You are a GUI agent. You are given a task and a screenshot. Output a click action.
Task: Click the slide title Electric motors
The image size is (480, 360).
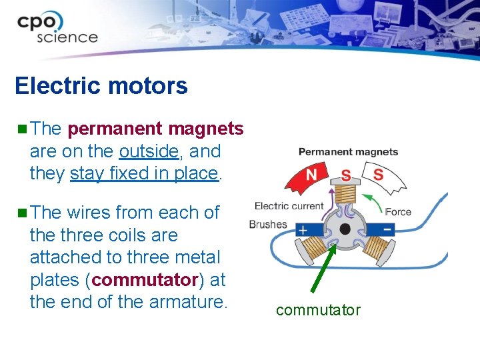pos(101,86)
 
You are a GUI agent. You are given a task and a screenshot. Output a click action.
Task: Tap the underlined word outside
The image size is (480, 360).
pos(149,151)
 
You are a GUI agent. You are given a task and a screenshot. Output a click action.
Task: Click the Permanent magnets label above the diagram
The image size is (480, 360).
pos(348,152)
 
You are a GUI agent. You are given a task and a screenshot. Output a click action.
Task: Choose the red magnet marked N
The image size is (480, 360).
pos(309,175)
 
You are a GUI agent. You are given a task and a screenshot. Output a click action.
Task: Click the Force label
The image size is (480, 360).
pos(398,212)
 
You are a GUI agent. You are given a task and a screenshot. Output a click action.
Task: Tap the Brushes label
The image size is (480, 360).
pos(267,225)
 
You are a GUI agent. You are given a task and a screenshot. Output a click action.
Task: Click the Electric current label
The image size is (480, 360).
pos(289,206)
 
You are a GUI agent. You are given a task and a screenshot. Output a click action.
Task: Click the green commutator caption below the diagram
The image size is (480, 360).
pos(318,310)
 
